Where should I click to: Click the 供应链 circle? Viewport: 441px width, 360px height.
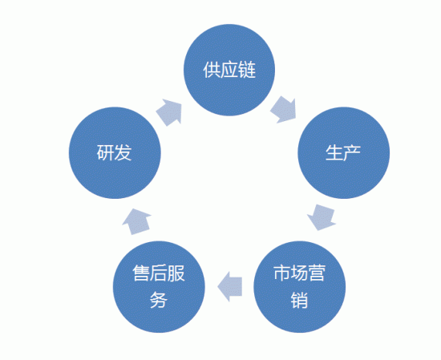(x=229, y=70)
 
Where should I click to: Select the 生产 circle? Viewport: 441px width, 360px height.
(x=344, y=152)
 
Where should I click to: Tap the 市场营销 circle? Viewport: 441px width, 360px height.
(x=300, y=287)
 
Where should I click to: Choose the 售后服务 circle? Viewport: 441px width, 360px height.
(x=159, y=287)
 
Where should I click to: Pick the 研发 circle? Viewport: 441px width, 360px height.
(x=115, y=152)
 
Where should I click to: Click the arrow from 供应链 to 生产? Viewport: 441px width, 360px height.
(x=284, y=110)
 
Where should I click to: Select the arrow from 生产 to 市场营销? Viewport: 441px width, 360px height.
(x=322, y=217)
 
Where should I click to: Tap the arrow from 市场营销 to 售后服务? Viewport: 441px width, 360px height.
(x=230, y=286)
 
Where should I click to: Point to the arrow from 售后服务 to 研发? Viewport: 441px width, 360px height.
(x=137, y=221)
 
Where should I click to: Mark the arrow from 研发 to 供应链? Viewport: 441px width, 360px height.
(x=169, y=112)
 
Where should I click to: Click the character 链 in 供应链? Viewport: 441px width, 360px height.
(x=247, y=70)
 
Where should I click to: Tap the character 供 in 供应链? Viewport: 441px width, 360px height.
(x=212, y=70)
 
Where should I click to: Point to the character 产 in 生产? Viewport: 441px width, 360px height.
(x=352, y=152)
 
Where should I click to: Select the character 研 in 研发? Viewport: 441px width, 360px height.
(x=106, y=152)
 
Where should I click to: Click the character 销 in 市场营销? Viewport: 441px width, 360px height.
(x=299, y=300)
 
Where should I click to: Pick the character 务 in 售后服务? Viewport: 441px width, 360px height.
(x=159, y=300)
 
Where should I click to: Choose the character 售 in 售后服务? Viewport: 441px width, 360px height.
(x=141, y=273)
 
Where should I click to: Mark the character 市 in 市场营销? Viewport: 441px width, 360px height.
(x=282, y=273)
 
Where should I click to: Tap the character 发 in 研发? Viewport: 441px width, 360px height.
(x=123, y=152)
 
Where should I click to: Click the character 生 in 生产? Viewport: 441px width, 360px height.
(x=334, y=152)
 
